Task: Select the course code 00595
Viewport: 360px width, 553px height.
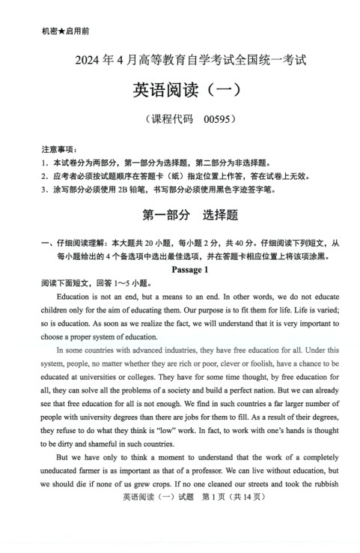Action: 216,120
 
